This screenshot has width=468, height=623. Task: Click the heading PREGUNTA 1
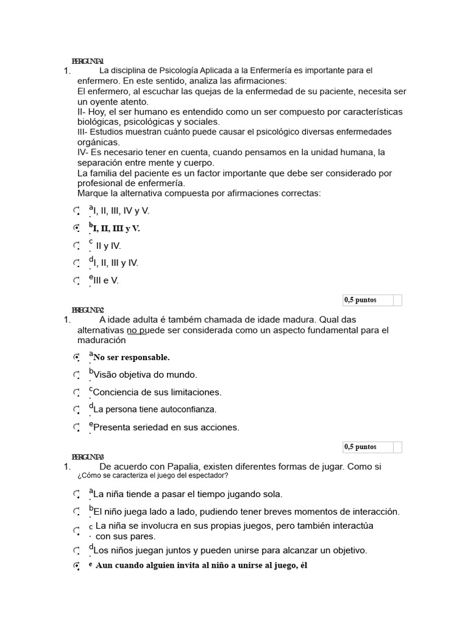click(x=88, y=61)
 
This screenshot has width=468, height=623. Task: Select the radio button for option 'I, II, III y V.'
click(x=76, y=228)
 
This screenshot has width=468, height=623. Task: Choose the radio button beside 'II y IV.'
click(x=76, y=246)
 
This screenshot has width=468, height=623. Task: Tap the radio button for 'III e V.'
click(x=76, y=280)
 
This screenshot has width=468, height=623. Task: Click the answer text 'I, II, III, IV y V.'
click(x=121, y=211)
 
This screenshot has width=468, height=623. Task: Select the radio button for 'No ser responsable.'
click(x=76, y=357)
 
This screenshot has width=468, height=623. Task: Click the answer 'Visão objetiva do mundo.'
click(x=145, y=375)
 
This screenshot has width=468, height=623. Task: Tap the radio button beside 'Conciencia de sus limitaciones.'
click(x=76, y=392)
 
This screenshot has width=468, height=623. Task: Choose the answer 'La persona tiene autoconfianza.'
click(x=155, y=409)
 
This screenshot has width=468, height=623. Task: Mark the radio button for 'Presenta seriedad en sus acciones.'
click(x=76, y=427)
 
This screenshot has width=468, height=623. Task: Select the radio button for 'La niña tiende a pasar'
click(x=76, y=494)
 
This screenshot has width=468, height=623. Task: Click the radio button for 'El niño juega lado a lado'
click(x=76, y=512)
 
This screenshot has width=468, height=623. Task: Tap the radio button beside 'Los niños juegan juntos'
click(x=76, y=551)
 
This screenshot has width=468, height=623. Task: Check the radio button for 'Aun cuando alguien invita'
click(x=76, y=566)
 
